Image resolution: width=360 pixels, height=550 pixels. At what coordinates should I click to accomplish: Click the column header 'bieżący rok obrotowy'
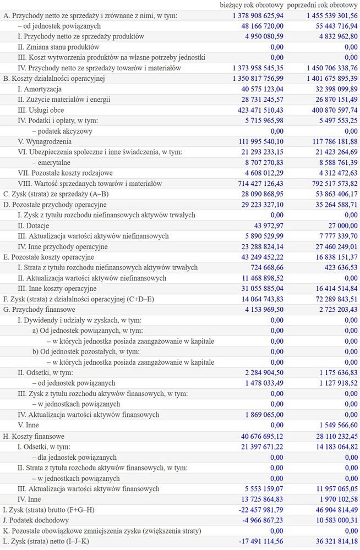point(252,5)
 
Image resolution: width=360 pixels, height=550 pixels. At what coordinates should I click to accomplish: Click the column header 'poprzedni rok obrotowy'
point(323,5)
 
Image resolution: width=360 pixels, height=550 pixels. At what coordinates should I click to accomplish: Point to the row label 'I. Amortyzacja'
point(40,89)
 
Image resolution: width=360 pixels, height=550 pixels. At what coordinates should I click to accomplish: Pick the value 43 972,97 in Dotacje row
point(265,225)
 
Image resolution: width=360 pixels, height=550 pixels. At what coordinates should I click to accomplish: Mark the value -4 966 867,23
point(257,520)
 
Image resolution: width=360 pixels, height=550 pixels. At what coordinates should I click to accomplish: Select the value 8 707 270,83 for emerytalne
point(258,162)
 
